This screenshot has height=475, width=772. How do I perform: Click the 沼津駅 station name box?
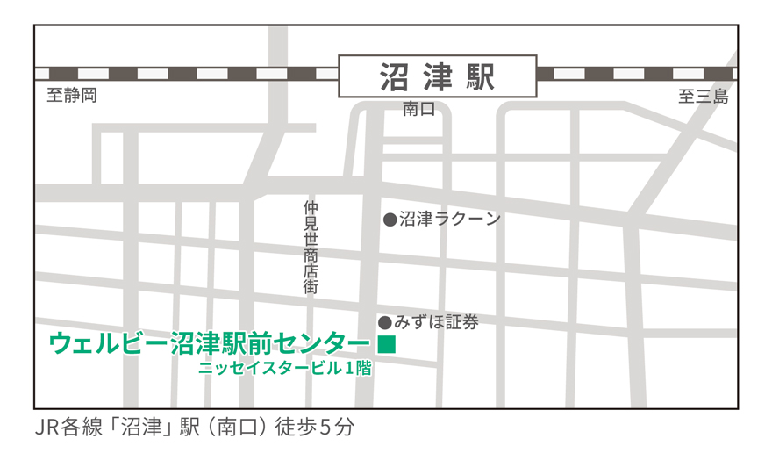pos(437,76)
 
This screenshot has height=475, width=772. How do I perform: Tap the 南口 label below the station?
pos(418,110)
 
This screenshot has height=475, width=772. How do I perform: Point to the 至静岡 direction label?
pos(72,96)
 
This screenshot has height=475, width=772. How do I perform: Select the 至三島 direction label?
pos(703,97)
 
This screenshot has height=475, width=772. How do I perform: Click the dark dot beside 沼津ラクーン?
pos(390,220)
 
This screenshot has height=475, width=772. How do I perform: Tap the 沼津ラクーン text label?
pos(449,219)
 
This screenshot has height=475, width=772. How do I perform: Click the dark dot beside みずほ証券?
pos(384,322)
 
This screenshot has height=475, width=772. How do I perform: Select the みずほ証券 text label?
pos(436,322)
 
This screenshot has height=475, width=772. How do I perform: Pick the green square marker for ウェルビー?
pos(386,344)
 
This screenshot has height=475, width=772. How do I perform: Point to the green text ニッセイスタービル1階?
pos(285,369)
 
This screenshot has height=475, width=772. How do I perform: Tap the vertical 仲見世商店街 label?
pos(311,247)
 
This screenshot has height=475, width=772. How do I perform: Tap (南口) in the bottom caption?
pos(238,428)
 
